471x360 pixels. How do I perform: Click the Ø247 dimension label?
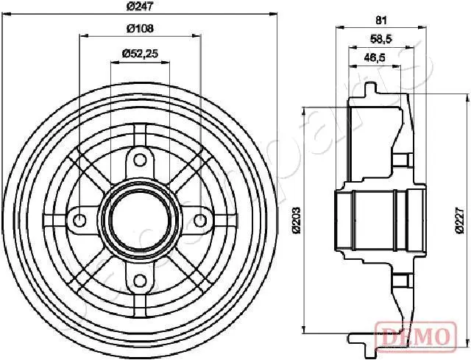tap(140, 7)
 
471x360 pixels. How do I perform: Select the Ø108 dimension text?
tap(140, 29)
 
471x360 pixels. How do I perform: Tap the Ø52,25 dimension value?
tap(140, 54)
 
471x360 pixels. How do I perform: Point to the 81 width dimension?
tap(381, 21)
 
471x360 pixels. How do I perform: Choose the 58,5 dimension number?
tap(381, 39)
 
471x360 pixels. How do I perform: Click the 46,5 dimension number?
tap(375, 57)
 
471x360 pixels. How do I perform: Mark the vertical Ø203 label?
tap(297, 219)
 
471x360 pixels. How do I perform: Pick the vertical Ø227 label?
tap(459, 219)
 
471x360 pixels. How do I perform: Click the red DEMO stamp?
tap(416, 336)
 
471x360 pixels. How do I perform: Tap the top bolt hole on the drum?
tap(140, 160)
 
